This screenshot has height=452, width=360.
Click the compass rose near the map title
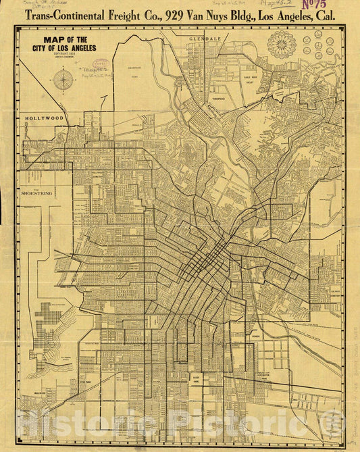click(63, 80)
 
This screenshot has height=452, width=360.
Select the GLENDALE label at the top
click(205, 40)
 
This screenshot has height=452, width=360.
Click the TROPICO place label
click(218, 99)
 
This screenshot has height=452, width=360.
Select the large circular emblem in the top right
click(282, 45)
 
